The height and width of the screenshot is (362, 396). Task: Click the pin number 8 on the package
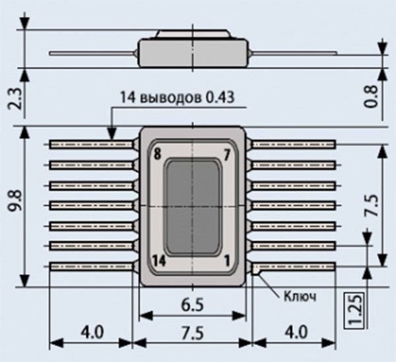coord(156,155)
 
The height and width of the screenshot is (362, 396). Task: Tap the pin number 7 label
coord(226,155)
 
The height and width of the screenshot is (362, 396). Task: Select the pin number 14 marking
coord(158,258)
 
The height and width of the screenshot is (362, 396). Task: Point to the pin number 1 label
coord(227,258)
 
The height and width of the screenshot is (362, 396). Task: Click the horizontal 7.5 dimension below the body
coord(193,332)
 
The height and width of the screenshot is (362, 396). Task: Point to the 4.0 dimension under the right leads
coord(293,332)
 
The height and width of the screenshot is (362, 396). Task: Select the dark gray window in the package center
coord(193,206)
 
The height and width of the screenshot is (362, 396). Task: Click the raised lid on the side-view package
coord(193,34)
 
